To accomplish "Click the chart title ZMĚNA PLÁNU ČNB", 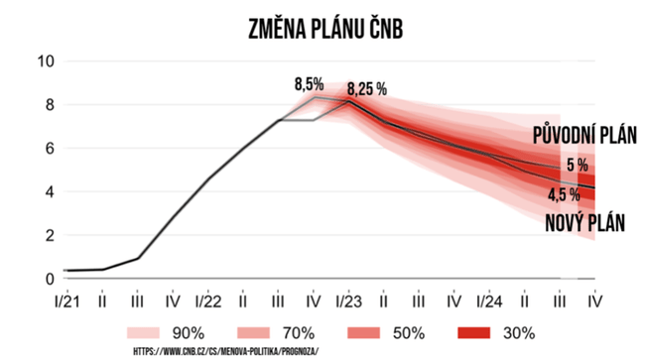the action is [325, 28].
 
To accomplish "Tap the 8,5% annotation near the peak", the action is [309, 84].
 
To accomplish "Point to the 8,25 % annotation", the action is [367, 89].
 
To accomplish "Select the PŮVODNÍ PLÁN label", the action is [584, 136].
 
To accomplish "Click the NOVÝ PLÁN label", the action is [584, 223].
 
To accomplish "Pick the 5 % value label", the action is [578, 165].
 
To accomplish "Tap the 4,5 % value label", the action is [564, 194].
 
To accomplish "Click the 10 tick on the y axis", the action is [46, 61].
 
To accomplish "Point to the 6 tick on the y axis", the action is [50, 149].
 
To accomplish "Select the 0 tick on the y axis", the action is [50, 279].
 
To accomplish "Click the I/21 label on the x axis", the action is [67, 302].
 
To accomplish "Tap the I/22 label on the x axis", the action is [208, 302].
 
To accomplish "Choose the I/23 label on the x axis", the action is [349, 302].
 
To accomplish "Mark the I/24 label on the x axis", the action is [489, 302].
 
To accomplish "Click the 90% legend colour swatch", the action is [143, 333].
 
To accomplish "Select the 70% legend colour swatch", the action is [253, 333].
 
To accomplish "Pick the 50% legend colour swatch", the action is [363, 333].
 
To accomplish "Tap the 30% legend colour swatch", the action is [474, 333].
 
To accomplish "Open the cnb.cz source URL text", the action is [226, 352].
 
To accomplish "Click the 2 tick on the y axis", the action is [50, 235].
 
